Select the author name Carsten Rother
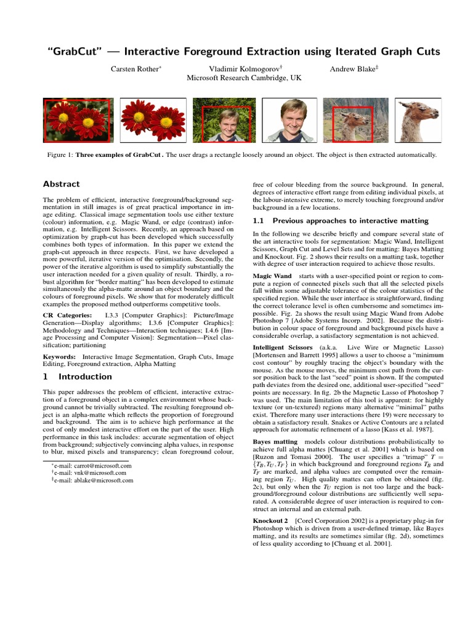click(x=135, y=69)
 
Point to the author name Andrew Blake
click(x=352, y=69)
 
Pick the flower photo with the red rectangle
click(x=78, y=120)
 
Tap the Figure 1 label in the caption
click(x=60, y=154)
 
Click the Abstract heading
click(x=61, y=184)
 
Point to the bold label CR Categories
click(x=65, y=316)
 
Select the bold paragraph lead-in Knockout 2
click(x=274, y=521)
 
